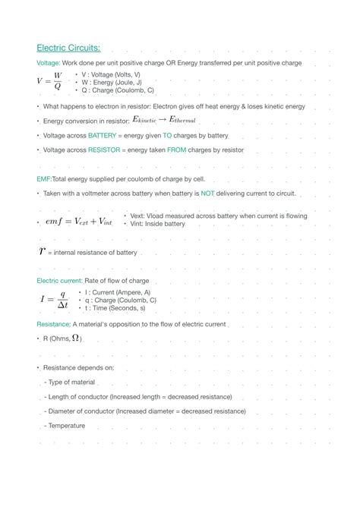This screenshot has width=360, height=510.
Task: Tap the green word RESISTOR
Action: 104,150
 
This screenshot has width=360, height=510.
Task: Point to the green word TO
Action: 168,135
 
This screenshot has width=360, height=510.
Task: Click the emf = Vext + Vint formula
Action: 78,221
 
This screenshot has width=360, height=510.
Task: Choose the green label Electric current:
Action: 59,281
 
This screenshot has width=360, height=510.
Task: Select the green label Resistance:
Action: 53,324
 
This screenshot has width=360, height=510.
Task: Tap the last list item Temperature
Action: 66,426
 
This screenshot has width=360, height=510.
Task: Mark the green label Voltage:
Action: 49,62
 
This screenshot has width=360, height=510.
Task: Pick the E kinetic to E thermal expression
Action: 164,119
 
